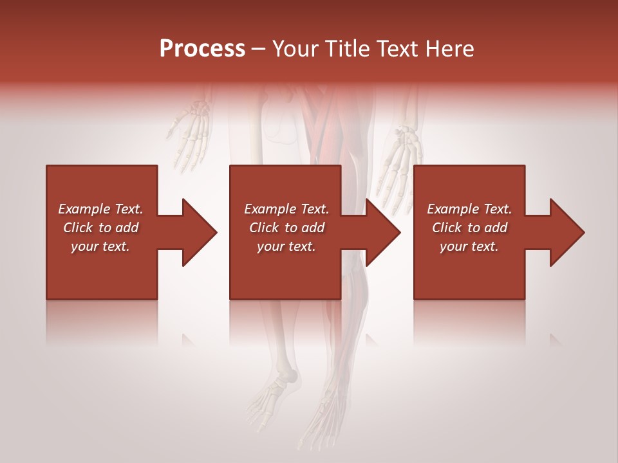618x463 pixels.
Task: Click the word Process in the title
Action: coord(202,49)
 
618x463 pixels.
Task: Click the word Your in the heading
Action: coord(296,49)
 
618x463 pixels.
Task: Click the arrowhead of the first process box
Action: coord(197,232)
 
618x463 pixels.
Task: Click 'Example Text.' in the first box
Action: coord(100,209)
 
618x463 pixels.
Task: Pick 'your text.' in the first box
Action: coord(100,246)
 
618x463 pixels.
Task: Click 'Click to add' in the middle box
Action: coord(286,228)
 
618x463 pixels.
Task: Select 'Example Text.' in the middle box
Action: coord(286,209)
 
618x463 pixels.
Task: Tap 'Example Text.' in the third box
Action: coord(469,209)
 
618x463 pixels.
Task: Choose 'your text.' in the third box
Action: coord(469,246)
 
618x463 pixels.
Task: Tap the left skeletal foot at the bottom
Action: coord(274,399)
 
